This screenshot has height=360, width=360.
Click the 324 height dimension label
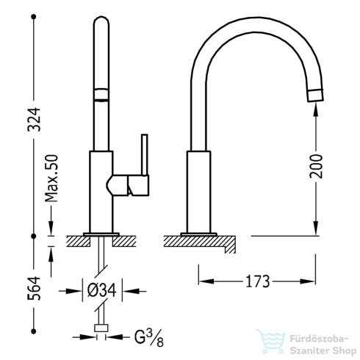[x=34, y=119]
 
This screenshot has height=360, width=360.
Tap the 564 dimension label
[x=34, y=289]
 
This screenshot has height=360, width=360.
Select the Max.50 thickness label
[x=51, y=178]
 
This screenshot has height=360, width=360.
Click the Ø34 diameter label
[x=102, y=291]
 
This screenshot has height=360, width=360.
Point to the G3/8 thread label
[x=149, y=337]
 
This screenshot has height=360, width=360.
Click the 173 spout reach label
[x=257, y=281]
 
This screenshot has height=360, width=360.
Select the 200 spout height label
[x=316, y=166]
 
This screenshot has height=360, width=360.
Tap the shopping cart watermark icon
[x=270, y=341]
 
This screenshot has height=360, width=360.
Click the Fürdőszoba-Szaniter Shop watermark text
[x=323, y=345]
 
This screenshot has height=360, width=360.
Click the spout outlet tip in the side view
[x=315, y=96]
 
